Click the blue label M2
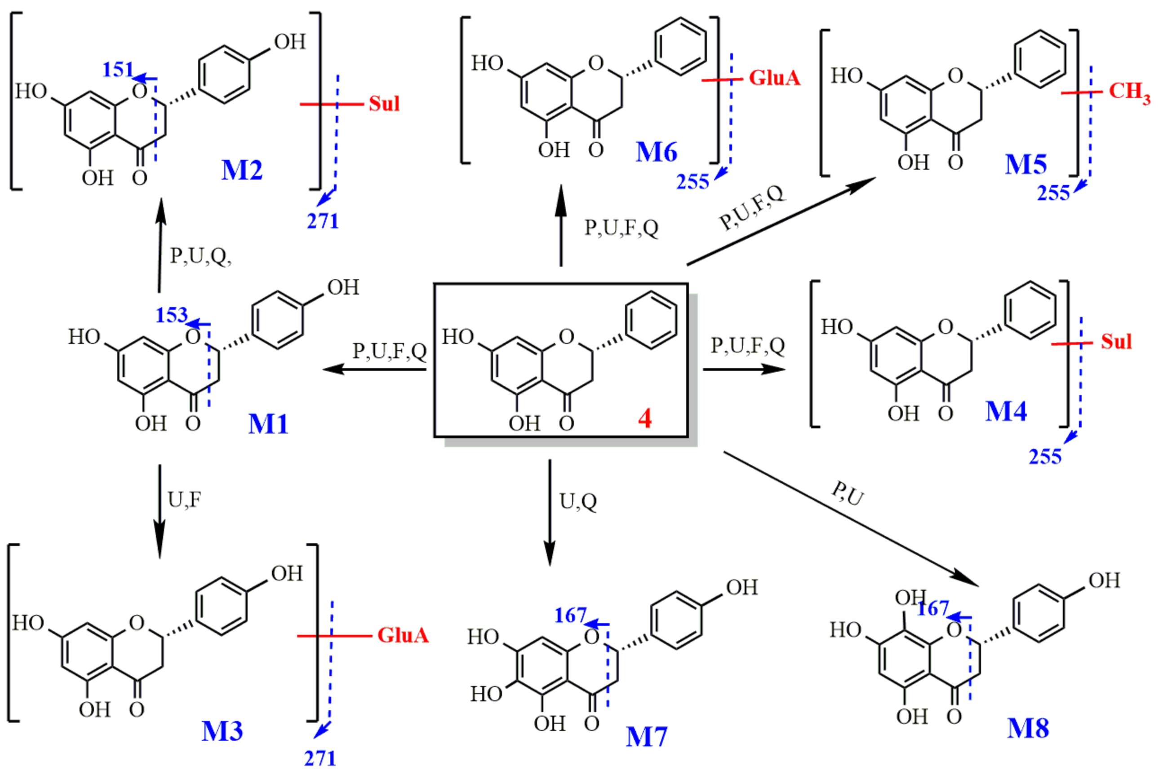(x=242, y=170)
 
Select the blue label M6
(x=656, y=152)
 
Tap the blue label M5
(x=1025, y=164)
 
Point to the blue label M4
(x=1006, y=411)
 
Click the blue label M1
(x=268, y=423)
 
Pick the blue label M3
(x=222, y=731)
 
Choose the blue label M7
(x=646, y=737)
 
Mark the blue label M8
(x=1028, y=729)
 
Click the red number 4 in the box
(x=645, y=418)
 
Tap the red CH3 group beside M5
(x=1129, y=92)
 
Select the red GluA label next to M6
(x=774, y=78)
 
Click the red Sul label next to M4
(x=1116, y=342)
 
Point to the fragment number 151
(x=118, y=70)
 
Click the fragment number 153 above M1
(x=171, y=315)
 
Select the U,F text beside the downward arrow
(x=184, y=500)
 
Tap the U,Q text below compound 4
(x=578, y=501)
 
